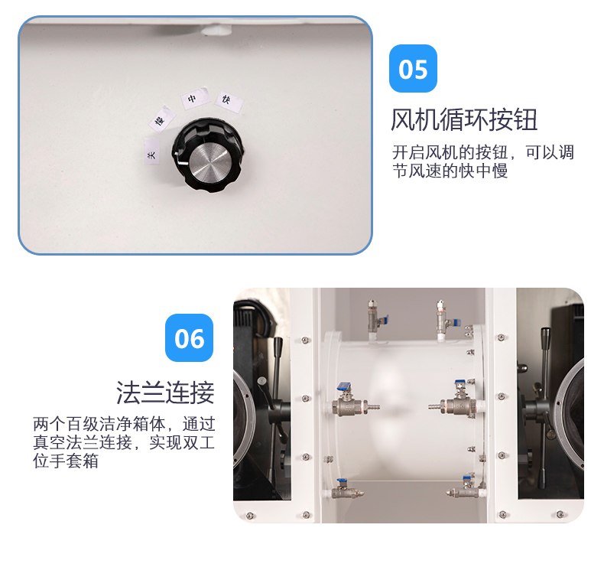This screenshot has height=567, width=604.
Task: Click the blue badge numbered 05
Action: coord(413,69)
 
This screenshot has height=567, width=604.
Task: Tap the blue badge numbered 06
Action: coord(189,337)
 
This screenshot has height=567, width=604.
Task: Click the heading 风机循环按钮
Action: coord(464,119)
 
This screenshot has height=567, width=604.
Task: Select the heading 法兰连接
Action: coord(165,393)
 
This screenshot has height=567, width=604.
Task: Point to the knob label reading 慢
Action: coord(162,119)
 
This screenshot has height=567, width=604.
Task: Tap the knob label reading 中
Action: coord(194,98)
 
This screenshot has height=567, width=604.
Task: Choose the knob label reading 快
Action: coord(229,102)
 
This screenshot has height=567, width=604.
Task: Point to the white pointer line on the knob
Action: coord(181,161)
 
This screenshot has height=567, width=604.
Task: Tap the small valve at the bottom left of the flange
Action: coord(345,489)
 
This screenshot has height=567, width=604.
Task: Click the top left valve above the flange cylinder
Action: coord(375,319)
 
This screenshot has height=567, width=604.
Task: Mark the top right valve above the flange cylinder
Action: coord(446,319)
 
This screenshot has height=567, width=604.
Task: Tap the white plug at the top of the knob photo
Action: coord(217,30)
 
